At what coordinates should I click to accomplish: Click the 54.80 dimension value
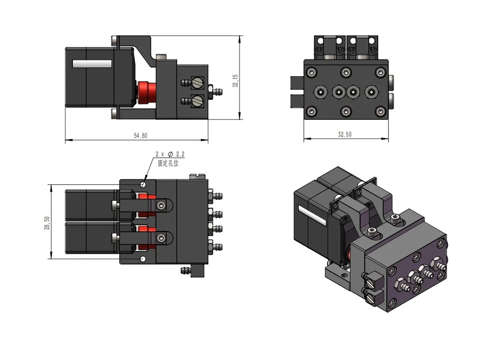[x=140, y=136]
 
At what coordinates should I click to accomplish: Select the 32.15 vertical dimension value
[x=235, y=81]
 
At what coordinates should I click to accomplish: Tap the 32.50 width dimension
[x=345, y=134]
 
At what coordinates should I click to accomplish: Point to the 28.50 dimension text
[x=47, y=223]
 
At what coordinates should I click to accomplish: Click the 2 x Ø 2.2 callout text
[x=170, y=154]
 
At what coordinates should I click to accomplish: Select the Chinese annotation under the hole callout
[x=168, y=163]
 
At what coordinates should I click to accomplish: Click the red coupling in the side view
[x=147, y=93]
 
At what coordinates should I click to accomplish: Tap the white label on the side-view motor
[x=92, y=63]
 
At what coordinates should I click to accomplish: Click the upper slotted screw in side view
[x=197, y=83]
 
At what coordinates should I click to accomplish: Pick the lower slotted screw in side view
[x=197, y=101]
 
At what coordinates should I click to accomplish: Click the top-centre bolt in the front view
[x=346, y=71]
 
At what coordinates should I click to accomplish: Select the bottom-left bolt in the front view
[x=311, y=112]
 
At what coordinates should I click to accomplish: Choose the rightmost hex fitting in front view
[x=371, y=92]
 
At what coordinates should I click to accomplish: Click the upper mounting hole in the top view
[x=143, y=184]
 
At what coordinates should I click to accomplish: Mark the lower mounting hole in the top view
[x=143, y=259]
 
